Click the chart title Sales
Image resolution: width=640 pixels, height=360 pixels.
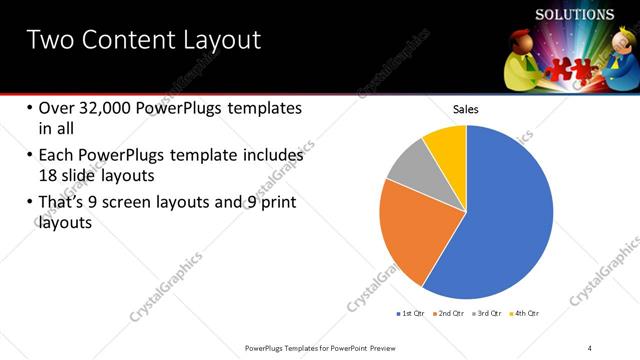point(467,109)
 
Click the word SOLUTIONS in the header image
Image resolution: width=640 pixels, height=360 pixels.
point(575,15)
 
